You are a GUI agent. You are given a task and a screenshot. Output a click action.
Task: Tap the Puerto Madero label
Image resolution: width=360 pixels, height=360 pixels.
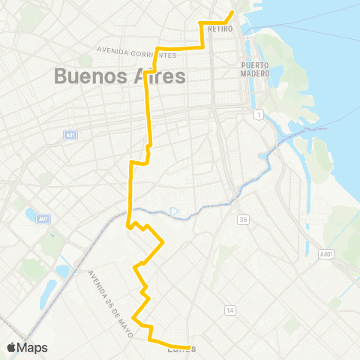click(255, 69)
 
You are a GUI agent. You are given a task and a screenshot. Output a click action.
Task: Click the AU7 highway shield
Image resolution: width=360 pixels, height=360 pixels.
click(46, 219)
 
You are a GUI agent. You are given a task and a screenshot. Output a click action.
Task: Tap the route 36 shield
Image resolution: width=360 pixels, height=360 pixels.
click(243, 219)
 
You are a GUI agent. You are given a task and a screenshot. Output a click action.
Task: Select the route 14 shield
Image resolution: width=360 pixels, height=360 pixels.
click(230, 310)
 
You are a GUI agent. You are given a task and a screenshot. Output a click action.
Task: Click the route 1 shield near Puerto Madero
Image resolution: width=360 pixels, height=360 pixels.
click(258, 114)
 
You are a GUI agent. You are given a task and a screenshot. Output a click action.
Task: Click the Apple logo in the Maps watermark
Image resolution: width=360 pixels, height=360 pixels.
click(12, 346)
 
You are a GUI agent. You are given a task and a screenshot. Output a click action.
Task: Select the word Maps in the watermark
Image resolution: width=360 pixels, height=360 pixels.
click(32, 347)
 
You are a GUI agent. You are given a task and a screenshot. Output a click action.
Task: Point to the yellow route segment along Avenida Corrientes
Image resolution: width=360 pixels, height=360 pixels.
click(180, 48)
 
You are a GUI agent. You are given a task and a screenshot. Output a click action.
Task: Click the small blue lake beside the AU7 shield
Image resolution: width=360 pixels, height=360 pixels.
click(32, 215)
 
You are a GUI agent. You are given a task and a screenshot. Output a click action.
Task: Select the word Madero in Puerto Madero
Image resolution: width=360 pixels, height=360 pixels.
click(255, 73)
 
